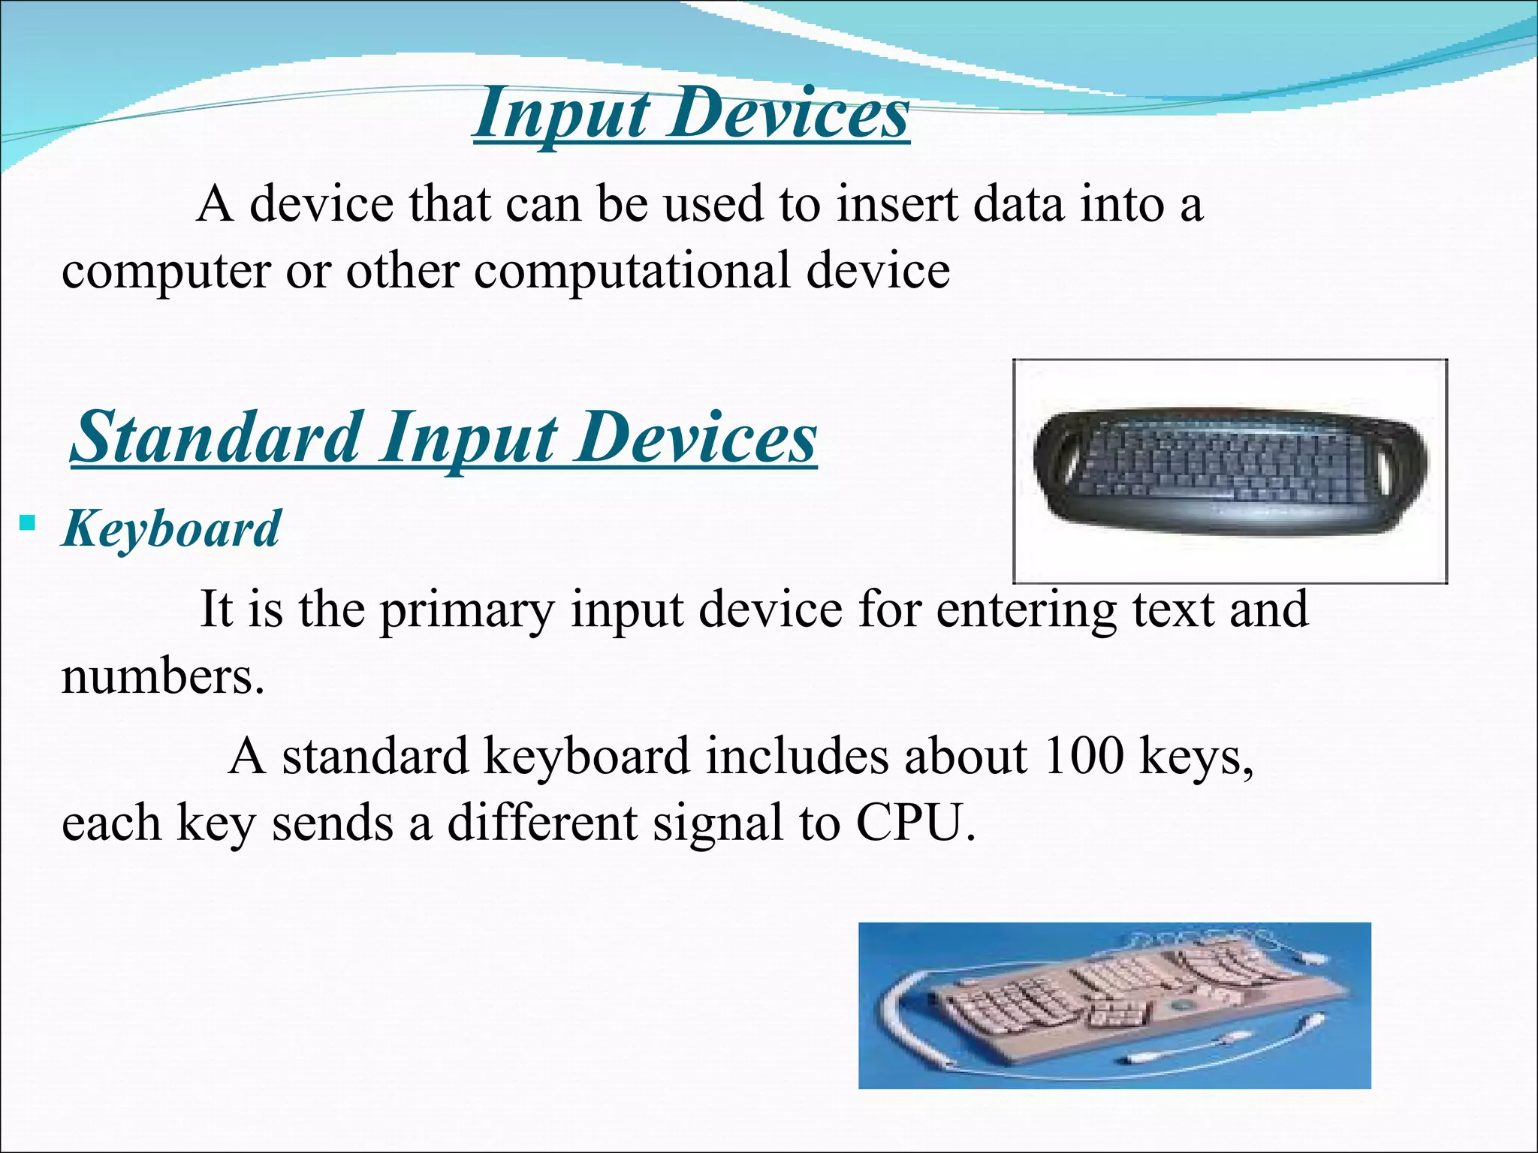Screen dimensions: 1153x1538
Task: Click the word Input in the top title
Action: (562, 114)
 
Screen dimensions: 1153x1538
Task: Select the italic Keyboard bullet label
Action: (172, 529)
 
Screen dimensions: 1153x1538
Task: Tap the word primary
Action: (466, 610)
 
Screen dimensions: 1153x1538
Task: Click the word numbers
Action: (162, 676)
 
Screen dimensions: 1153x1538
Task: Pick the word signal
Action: (718, 823)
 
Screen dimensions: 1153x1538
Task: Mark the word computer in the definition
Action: (166, 271)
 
